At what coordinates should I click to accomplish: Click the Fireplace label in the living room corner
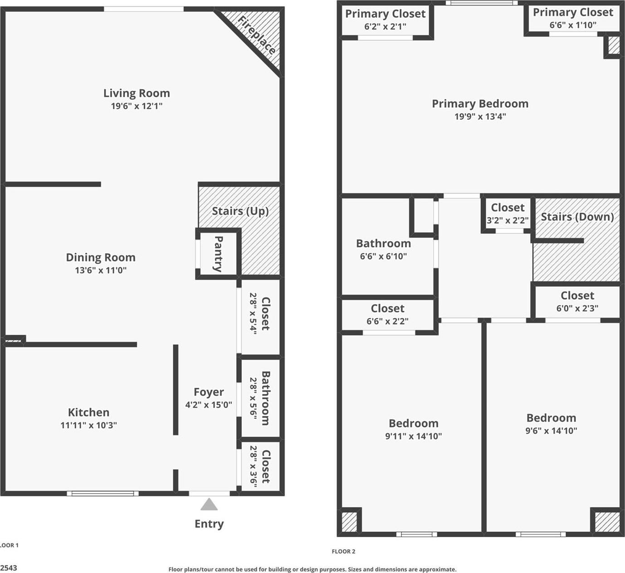tap(257, 35)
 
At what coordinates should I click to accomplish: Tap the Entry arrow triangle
tap(209, 504)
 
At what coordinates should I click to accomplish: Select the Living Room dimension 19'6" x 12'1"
tap(137, 106)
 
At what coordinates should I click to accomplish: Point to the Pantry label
tap(218, 253)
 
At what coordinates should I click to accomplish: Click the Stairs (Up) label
tap(240, 211)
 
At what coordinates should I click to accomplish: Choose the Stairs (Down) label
tap(577, 217)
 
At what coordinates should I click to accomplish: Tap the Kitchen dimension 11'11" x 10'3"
tap(88, 425)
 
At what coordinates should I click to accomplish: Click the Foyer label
tap(209, 392)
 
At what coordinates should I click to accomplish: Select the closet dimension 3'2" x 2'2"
tap(508, 221)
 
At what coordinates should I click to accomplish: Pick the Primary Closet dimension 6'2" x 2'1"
tap(385, 27)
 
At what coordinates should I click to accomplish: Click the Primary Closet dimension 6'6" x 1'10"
tap(573, 25)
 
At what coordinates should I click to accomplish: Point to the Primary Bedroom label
tap(480, 104)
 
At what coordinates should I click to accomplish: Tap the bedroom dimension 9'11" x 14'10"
tap(413, 436)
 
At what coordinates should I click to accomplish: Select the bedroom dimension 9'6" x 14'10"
tap(551, 431)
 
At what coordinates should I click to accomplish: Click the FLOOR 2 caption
tap(343, 552)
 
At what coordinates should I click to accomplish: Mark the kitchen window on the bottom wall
tap(103, 494)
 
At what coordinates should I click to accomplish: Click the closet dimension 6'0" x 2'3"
tap(577, 308)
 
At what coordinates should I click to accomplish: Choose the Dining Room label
tap(101, 257)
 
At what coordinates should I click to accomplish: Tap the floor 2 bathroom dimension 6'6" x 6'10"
tap(383, 256)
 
